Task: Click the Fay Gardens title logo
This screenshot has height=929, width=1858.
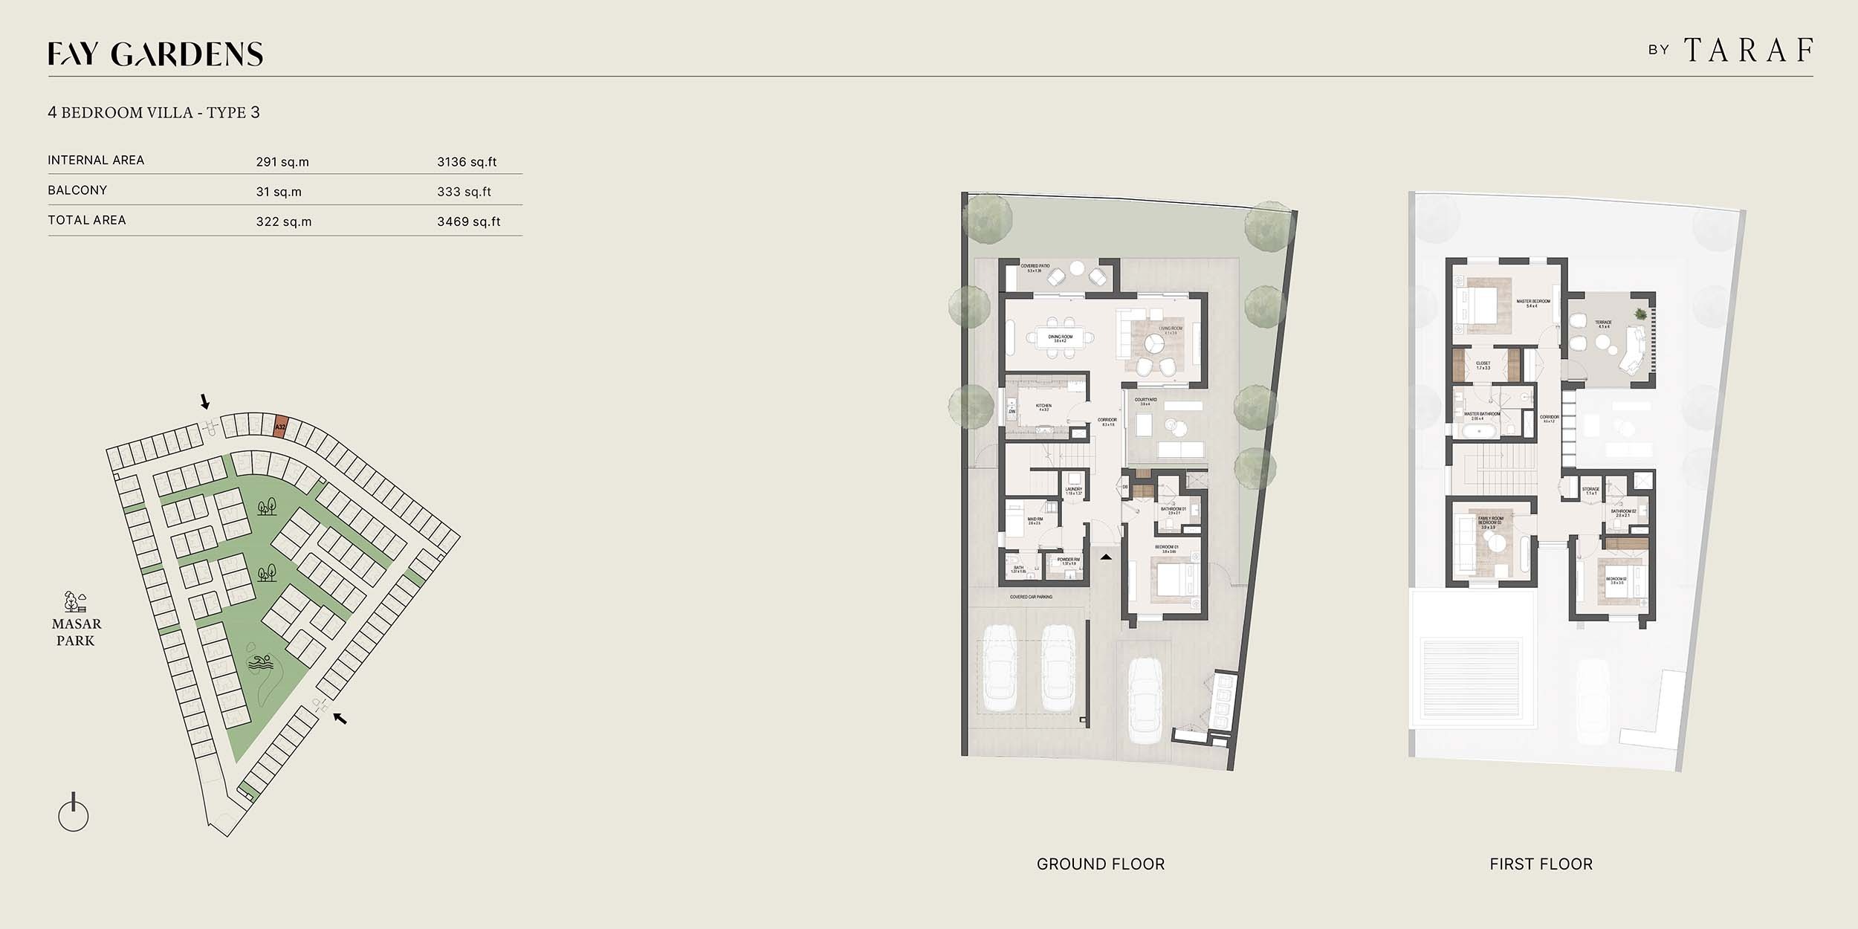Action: point(155,54)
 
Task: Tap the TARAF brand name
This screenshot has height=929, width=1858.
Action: point(1747,51)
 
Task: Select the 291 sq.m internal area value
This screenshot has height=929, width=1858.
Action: point(282,161)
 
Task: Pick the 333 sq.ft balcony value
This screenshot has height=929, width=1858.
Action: point(464,191)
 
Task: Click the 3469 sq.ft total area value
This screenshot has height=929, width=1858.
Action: point(468,221)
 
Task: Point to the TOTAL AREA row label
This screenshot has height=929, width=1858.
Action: point(87,220)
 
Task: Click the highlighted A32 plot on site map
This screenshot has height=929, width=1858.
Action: point(280,427)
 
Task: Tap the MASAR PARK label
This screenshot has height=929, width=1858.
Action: point(77,632)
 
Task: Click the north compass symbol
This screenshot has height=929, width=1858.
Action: point(73,815)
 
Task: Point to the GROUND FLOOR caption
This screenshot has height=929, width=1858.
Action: point(1101,864)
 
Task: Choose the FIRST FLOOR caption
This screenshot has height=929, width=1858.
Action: point(1541,864)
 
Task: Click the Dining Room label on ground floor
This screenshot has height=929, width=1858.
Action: point(1061,338)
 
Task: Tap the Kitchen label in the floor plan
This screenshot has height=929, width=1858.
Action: point(1043,407)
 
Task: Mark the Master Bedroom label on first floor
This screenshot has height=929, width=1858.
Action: point(1533,303)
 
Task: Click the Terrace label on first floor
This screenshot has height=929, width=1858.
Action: point(1603,324)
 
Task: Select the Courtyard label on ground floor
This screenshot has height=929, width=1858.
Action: point(1145,401)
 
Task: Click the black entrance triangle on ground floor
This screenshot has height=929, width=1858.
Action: point(1106,556)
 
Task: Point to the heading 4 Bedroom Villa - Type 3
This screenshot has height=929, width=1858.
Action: point(154,112)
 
